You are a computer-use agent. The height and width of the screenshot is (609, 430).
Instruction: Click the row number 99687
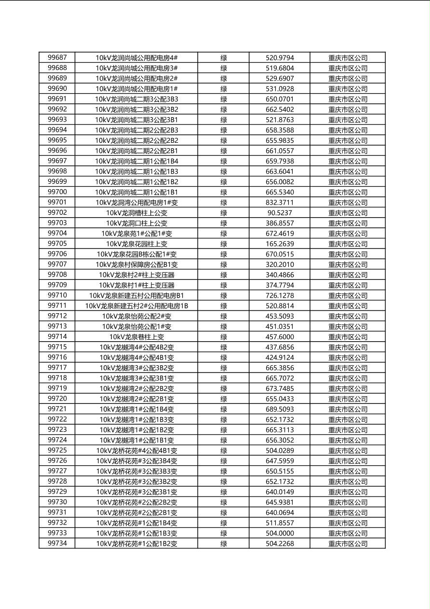tap(57, 58)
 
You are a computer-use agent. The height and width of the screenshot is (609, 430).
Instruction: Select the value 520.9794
tap(280, 58)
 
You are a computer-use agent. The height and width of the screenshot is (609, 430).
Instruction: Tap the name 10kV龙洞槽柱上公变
tap(137, 213)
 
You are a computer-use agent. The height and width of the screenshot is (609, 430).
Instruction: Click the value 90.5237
tap(280, 213)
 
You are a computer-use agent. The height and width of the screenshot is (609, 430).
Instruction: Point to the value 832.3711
tap(280, 203)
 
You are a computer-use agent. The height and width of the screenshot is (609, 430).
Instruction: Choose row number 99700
tap(57, 192)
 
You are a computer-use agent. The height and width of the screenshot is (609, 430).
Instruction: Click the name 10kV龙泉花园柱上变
tap(137, 244)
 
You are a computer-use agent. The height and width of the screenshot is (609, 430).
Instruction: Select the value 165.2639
tap(280, 244)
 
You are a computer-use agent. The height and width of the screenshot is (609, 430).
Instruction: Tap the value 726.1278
tap(280, 295)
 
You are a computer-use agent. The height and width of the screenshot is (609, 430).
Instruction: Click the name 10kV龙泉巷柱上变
tap(137, 337)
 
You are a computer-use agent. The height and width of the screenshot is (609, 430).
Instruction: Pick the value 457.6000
tap(280, 337)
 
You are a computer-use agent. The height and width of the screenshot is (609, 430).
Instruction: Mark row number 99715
tap(57, 347)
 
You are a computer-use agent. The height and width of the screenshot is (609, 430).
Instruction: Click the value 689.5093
tap(280, 409)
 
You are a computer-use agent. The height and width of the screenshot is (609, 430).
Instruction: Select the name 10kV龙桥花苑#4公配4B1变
tap(137, 451)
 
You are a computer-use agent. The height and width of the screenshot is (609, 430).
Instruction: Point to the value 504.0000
tap(280, 533)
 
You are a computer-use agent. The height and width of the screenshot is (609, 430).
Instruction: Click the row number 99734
tap(57, 543)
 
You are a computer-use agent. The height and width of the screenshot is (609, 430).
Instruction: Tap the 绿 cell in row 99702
tap(224, 213)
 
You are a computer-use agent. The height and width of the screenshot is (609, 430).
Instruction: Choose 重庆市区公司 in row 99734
tap(348, 544)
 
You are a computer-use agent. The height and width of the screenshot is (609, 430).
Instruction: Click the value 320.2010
tap(280, 264)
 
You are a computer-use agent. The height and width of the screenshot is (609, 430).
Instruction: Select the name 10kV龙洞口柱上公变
tap(137, 223)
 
